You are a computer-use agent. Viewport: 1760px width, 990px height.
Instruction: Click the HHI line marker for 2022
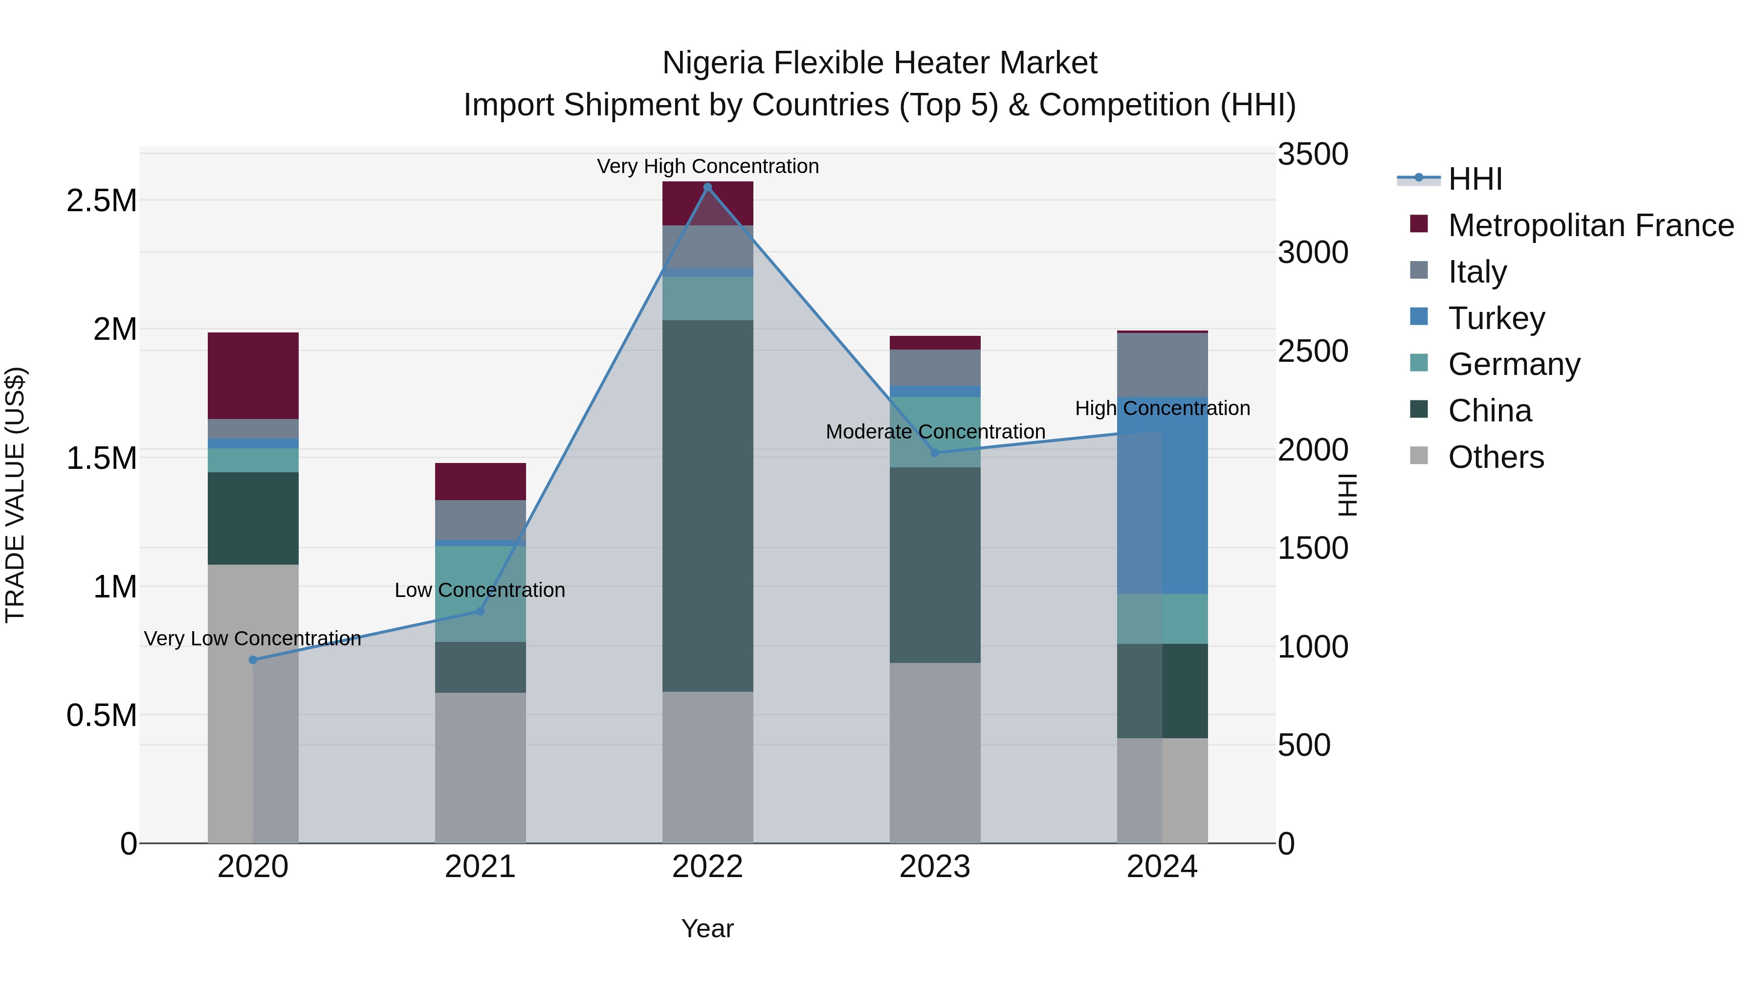(x=707, y=187)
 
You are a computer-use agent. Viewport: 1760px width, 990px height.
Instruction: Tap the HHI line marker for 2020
(x=253, y=660)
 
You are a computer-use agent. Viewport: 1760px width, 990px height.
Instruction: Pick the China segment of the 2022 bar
(x=707, y=506)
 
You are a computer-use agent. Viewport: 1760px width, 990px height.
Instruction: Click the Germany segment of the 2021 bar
(x=480, y=593)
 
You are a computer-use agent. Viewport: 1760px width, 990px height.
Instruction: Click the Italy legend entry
(x=1476, y=271)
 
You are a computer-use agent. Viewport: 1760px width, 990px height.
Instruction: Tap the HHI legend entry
(x=1474, y=179)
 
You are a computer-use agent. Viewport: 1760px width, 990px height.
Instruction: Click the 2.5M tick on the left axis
(x=102, y=201)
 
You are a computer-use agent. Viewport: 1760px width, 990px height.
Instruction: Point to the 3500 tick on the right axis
(x=1313, y=154)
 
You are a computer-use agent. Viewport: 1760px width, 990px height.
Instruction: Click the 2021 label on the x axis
(x=480, y=867)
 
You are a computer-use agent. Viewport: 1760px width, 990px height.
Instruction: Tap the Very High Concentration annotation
(x=707, y=166)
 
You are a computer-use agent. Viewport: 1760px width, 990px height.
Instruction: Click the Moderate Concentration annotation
(x=935, y=432)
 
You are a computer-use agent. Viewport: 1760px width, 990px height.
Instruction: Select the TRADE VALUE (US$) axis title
(x=15, y=495)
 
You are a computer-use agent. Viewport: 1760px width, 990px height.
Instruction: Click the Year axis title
(x=707, y=928)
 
